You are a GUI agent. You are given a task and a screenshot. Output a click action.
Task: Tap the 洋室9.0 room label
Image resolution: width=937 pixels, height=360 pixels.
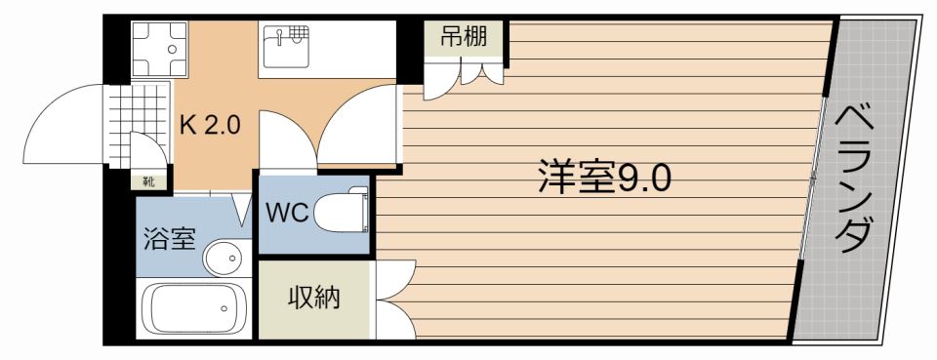tap(603, 178)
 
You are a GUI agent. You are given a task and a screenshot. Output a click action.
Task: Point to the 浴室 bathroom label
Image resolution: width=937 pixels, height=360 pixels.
tap(170, 239)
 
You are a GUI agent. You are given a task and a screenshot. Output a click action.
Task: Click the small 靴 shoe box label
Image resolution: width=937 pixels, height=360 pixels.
tap(148, 180)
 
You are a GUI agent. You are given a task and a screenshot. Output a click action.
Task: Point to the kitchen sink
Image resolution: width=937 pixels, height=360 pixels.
tap(285, 45)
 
